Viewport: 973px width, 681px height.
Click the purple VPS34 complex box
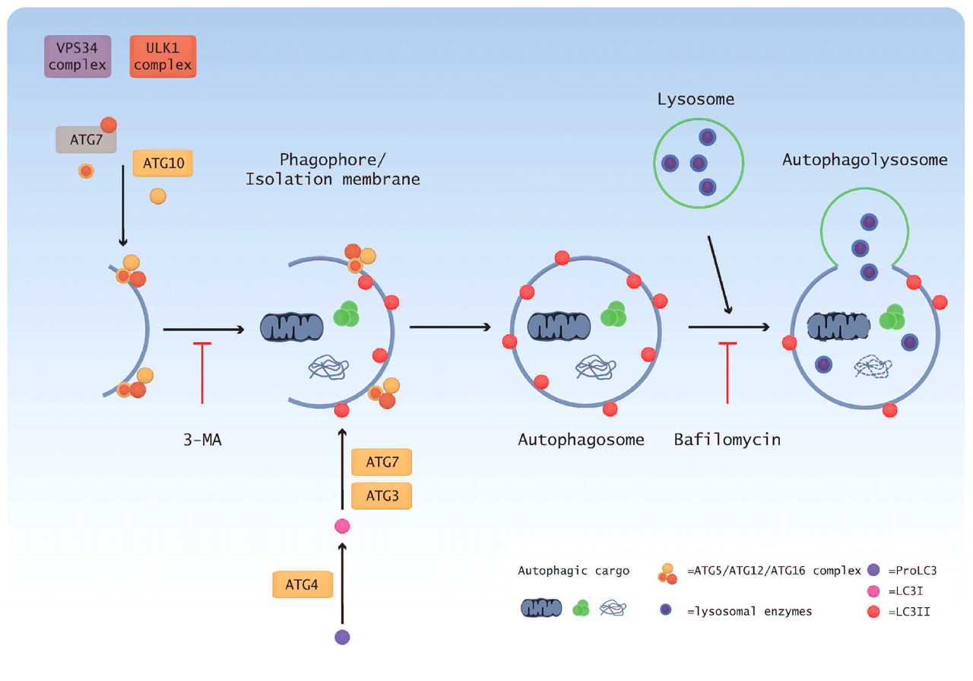tap(78, 56)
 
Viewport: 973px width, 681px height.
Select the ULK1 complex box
tap(163, 56)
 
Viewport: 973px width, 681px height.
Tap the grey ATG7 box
tap(86, 140)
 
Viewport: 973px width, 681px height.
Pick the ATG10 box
tap(163, 163)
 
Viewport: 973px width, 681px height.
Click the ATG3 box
tap(382, 495)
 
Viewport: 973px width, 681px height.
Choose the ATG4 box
tap(303, 584)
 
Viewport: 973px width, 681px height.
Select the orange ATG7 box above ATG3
tap(382, 462)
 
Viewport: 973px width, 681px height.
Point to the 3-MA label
tap(201, 439)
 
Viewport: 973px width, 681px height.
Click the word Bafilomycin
tap(727, 439)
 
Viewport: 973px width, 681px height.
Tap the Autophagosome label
tap(581, 439)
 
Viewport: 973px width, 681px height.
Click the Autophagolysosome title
tap(864, 160)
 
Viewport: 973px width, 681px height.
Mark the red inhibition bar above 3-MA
tap(202, 373)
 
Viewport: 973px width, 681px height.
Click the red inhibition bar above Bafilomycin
tap(728, 373)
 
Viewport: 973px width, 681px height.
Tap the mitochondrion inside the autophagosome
tap(559, 326)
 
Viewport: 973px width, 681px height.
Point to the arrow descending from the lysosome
tap(719, 274)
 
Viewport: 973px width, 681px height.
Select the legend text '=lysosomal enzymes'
tap(749, 611)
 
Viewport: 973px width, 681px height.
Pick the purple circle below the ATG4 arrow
tap(342, 637)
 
